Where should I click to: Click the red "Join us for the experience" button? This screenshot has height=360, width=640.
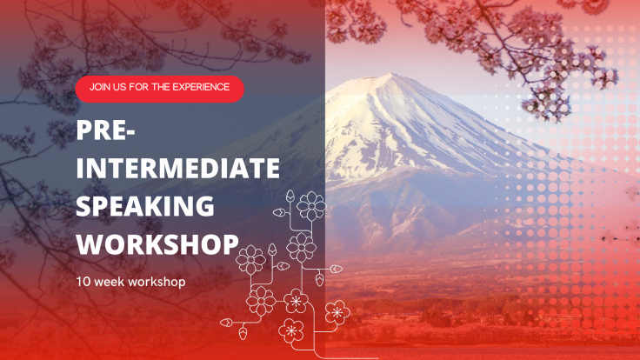[159, 88]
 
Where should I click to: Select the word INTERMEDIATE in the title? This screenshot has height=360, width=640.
[177, 168]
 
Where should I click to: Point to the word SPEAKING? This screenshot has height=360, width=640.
[145, 206]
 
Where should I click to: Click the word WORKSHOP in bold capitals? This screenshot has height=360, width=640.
[157, 243]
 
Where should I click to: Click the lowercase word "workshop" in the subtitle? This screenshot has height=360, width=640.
[158, 283]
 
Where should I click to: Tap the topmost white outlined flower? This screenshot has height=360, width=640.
[311, 206]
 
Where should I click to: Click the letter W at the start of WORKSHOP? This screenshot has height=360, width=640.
[90, 243]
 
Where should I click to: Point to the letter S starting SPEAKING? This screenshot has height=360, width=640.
[83, 206]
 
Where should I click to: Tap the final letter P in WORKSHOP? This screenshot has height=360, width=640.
[230, 243]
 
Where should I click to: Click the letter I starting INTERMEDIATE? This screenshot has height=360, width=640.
[80, 168]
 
